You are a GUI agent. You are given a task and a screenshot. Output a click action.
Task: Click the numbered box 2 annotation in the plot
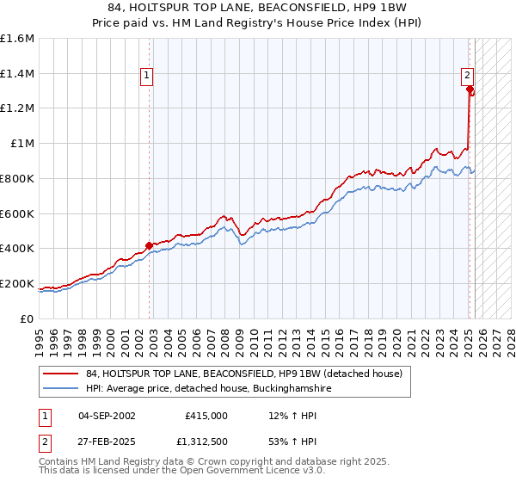(x=466, y=74)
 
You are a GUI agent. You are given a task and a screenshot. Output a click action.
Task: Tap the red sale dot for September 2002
(x=149, y=245)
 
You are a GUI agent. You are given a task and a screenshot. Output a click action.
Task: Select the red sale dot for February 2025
(x=470, y=88)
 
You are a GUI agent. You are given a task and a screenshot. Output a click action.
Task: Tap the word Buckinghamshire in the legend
(x=289, y=389)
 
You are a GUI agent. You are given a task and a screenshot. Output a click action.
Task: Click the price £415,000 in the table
(x=206, y=416)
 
